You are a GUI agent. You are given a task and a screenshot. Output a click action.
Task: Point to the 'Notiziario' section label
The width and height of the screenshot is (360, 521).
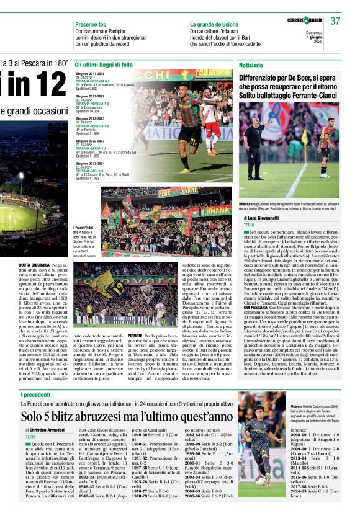coord(252,65)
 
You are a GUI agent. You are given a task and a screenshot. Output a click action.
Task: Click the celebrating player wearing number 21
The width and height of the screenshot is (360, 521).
coord(186,124)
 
